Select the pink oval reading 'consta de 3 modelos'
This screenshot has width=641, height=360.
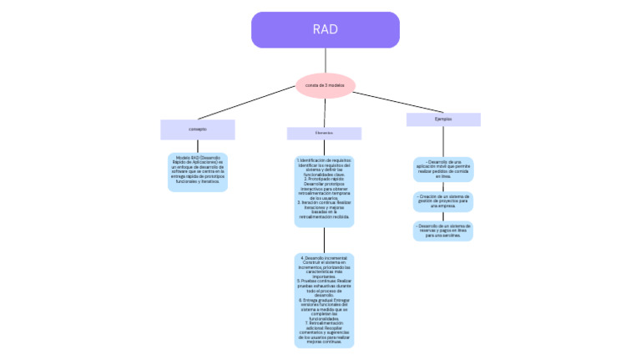tap(326, 85)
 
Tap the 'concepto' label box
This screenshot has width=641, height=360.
tap(198, 129)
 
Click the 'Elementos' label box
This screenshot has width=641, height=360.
tap(324, 134)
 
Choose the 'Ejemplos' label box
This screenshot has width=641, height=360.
tap(443, 119)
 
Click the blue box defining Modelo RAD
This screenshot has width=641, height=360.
tap(197, 172)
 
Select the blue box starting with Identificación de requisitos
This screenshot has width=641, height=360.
tap(324, 191)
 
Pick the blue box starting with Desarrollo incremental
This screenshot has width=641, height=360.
tap(324, 300)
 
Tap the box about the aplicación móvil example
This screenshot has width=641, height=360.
tap(443, 170)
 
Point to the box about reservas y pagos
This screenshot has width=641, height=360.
tap(443, 231)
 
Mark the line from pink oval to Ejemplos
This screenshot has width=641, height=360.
tap(392, 101)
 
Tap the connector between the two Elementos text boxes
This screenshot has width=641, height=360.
tap(325, 240)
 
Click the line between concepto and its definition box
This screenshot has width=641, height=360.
tap(198, 145)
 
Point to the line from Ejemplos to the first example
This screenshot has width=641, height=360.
tap(443, 141)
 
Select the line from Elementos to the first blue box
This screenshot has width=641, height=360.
tap(325, 147)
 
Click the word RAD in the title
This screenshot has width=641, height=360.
tap(326, 29)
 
